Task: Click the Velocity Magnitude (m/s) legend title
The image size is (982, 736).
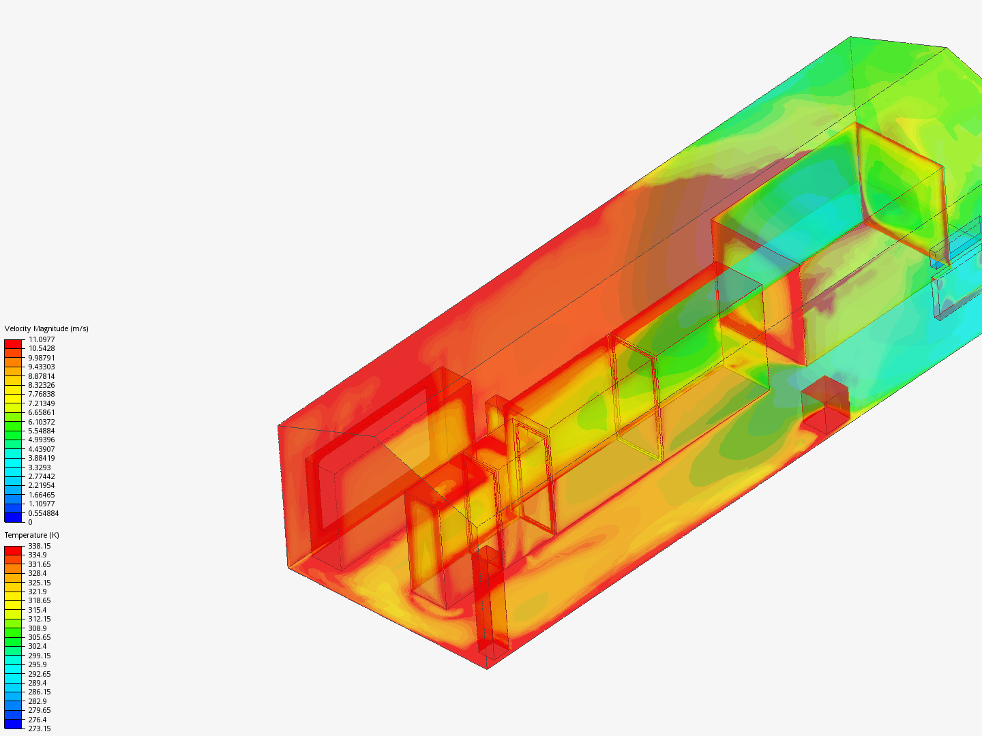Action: click(x=46, y=328)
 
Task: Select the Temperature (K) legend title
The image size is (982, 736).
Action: click(x=32, y=535)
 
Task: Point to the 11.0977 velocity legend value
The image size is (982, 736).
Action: click(x=42, y=339)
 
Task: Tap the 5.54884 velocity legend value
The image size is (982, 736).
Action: click(x=42, y=431)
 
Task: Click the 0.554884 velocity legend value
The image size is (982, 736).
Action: click(x=44, y=513)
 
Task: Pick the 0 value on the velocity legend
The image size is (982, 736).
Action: click(x=31, y=522)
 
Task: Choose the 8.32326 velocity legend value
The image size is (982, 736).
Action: click(x=42, y=385)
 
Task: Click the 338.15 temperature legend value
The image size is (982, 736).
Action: click(x=40, y=546)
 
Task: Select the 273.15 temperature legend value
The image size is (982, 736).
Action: click(x=40, y=729)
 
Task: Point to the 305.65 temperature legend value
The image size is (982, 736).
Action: click(x=40, y=637)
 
